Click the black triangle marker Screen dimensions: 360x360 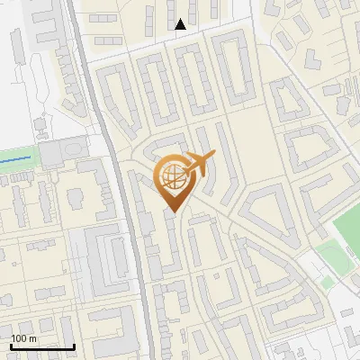pos(181,24)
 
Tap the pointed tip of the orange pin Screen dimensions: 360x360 pos(173,213)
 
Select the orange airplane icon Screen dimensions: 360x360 pos(202,163)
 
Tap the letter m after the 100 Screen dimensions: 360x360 pos(32,338)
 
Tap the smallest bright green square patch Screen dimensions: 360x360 pos(328,283)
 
